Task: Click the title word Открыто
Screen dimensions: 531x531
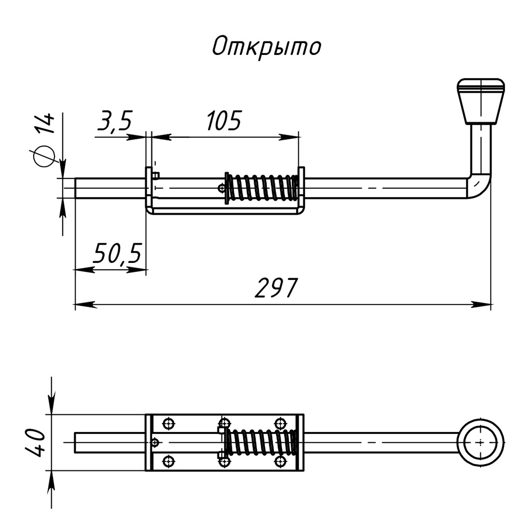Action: click(x=266, y=47)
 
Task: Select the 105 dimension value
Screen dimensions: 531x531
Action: click(x=224, y=120)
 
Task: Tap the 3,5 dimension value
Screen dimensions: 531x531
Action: click(x=115, y=120)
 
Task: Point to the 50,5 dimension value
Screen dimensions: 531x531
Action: click(x=117, y=253)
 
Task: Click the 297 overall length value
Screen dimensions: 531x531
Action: click(x=276, y=288)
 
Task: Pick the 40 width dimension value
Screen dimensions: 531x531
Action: click(x=35, y=442)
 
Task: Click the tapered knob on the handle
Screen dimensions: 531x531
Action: click(x=481, y=101)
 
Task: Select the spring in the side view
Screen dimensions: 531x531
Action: click(x=261, y=188)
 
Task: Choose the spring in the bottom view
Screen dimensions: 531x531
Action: click(x=260, y=442)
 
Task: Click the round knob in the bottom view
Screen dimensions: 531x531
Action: click(x=481, y=442)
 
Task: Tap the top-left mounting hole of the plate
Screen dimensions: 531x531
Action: click(x=169, y=423)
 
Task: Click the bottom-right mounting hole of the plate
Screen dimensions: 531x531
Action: click(x=280, y=461)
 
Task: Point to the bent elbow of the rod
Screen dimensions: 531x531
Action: click(x=478, y=186)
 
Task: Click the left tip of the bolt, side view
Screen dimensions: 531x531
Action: click(x=75, y=188)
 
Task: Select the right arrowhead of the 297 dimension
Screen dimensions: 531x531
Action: click(x=481, y=304)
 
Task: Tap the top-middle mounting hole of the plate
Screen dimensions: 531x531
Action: click(x=224, y=423)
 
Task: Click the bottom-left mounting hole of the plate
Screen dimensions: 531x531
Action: click(x=169, y=461)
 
